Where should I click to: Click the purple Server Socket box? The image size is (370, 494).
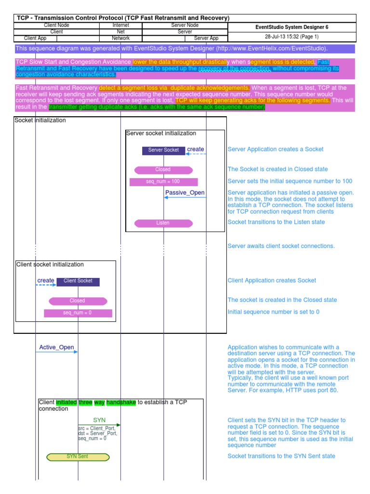coord(163,150)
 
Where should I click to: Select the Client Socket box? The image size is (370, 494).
coord(78,281)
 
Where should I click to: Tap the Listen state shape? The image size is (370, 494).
coord(163,223)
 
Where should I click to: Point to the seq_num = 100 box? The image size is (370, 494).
coord(163,182)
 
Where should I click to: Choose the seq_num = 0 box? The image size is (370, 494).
coord(78,313)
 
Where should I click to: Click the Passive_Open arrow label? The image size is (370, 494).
coord(185,193)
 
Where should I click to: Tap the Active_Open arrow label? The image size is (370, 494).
coord(56,347)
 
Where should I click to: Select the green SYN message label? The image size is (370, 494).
coord(99,420)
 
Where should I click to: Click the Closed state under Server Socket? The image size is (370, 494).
coord(163,170)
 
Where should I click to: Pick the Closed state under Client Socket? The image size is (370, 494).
coord(78,301)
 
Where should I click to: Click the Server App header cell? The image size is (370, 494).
coord(206,38)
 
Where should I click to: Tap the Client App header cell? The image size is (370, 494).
coord(36,38)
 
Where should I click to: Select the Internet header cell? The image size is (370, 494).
coord(121,25)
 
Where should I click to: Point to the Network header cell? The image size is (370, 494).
coord(121,38)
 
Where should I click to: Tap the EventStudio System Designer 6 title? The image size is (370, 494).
coord(291,27)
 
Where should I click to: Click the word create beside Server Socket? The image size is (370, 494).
coord(195,150)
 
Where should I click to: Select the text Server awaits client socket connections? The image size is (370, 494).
coord(281,246)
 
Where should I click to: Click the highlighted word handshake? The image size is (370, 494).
coord(121,402)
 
